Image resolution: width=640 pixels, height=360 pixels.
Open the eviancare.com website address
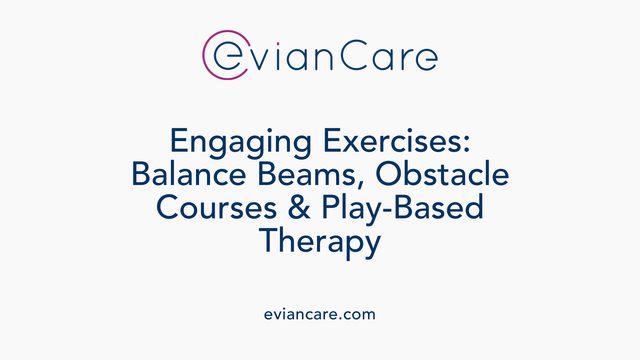pyautogui.click(x=320, y=314)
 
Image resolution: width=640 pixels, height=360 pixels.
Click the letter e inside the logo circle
pyautogui.click(x=228, y=55)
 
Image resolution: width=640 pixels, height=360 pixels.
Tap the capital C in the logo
pyautogui.click(x=354, y=55)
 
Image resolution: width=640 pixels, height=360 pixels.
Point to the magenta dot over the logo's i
pyautogui.click(x=278, y=44)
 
